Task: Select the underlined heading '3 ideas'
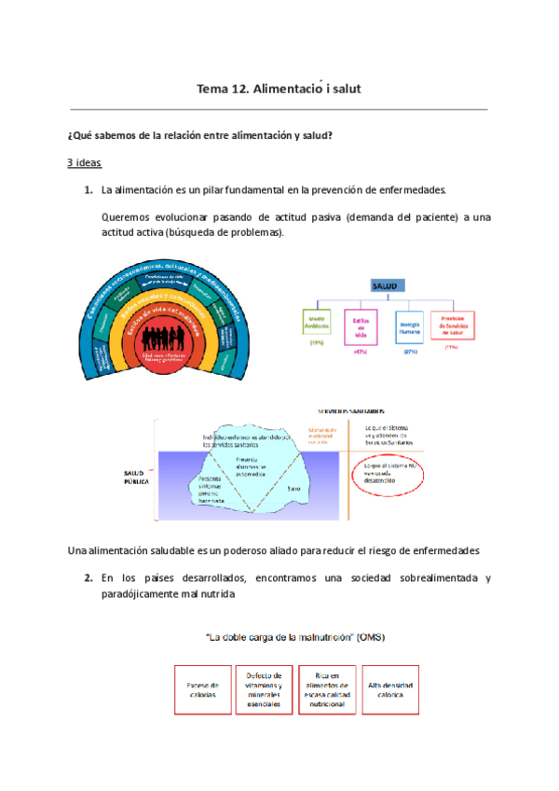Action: point(84,161)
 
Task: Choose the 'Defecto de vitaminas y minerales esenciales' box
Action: point(265,689)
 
